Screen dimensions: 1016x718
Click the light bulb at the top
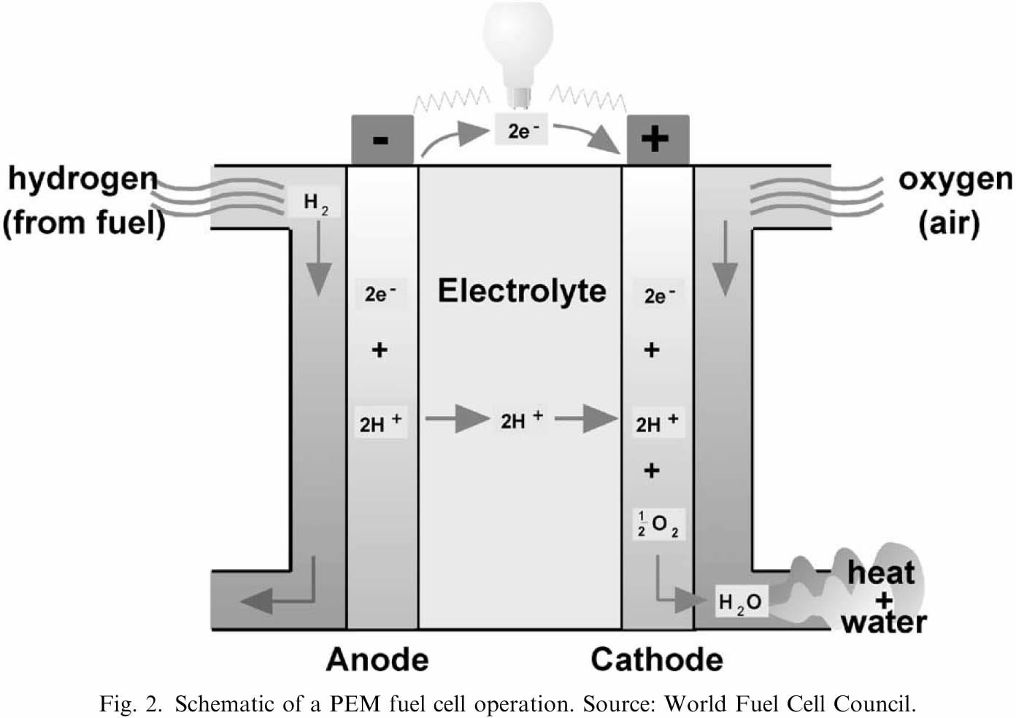[518, 55]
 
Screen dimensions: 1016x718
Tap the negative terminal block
[382, 139]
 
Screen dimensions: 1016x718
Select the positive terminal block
[658, 139]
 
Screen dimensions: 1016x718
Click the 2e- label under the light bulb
[521, 130]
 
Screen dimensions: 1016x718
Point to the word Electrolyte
[522, 291]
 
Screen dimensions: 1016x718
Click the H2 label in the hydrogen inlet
[315, 202]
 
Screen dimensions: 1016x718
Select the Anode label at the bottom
[377, 660]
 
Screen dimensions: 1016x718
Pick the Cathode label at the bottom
[657, 660]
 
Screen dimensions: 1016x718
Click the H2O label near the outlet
[741, 602]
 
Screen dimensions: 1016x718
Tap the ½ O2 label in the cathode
[658, 525]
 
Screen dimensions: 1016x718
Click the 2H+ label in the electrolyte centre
[522, 420]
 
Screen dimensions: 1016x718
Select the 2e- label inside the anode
[380, 294]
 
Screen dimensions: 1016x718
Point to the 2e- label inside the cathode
[659, 296]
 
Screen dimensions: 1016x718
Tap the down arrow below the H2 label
[318, 258]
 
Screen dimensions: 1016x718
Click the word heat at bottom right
[881, 572]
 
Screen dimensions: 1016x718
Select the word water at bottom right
[884, 622]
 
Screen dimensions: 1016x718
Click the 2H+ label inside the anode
[380, 422]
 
